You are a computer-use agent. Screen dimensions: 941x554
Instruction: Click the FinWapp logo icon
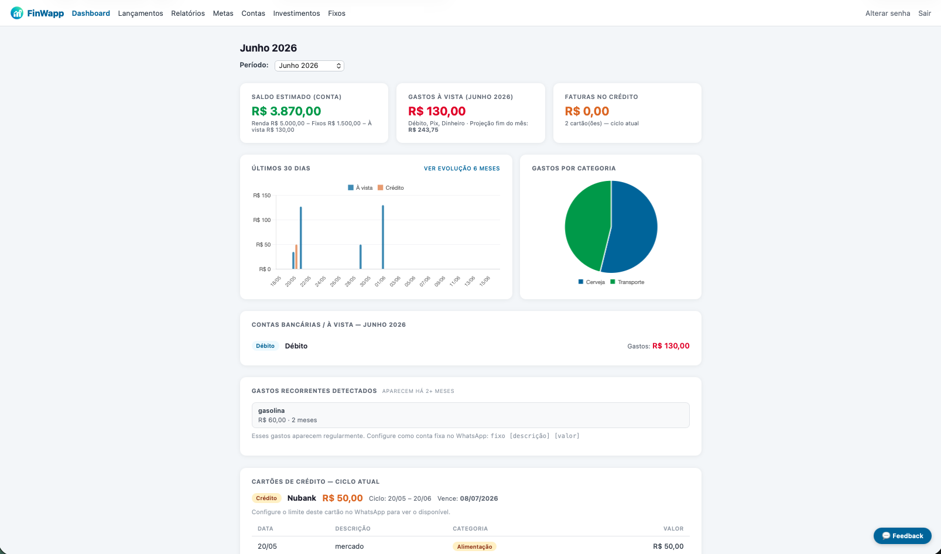17,13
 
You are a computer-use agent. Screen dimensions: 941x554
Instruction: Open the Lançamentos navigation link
141,13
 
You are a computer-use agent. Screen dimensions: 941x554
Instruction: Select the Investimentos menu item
296,13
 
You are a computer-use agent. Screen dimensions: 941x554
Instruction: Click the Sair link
924,13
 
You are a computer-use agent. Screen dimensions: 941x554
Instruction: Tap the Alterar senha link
887,13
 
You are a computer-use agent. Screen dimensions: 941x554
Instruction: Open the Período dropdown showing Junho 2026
309,66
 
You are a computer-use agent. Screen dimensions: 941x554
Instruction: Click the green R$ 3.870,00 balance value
286,111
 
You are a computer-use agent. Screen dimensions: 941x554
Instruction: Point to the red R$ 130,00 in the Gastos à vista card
436,111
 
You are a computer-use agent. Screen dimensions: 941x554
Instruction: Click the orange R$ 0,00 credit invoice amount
587,111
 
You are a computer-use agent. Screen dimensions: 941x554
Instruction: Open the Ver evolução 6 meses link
461,169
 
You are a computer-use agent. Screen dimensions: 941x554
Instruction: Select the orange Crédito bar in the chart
296,257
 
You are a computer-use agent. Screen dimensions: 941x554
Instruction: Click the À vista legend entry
360,188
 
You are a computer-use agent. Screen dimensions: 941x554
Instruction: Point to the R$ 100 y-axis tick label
262,220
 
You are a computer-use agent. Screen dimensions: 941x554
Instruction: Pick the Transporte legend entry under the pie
627,282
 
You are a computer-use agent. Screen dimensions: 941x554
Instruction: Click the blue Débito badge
265,346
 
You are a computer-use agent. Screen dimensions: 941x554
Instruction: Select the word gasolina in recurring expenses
271,411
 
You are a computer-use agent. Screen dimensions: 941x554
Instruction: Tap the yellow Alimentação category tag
474,546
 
